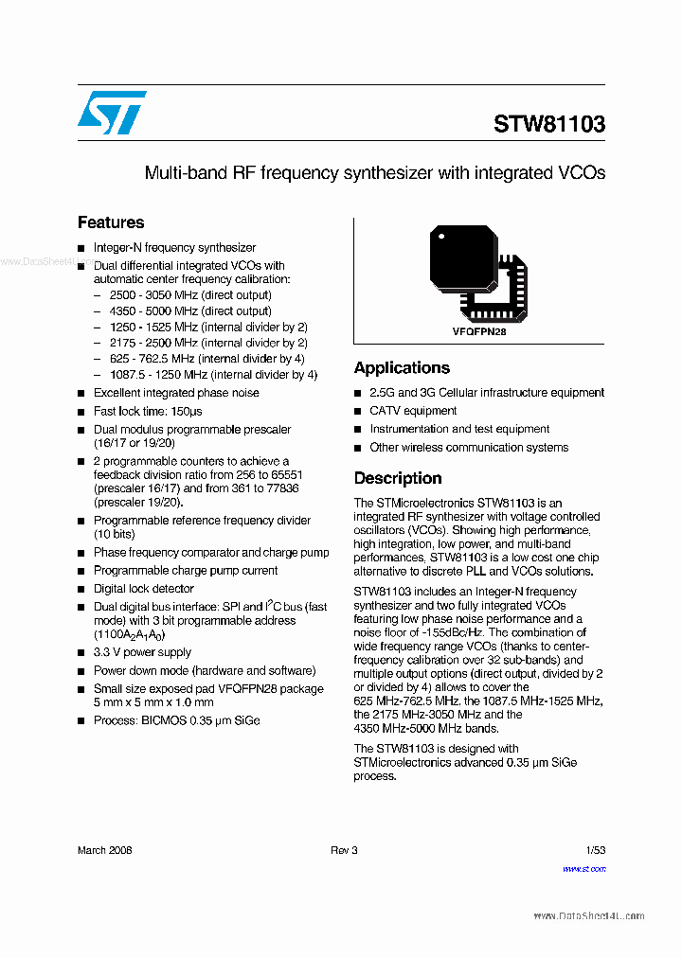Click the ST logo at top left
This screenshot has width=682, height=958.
[112, 113]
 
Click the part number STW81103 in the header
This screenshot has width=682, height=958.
[548, 124]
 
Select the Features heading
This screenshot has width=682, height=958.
[111, 222]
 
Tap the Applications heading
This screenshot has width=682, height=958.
[402, 367]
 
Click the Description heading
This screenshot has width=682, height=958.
[398, 478]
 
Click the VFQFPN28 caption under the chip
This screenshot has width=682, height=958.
[479, 332]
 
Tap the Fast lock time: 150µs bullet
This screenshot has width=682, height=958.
[147, 412]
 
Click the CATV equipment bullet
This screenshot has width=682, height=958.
[413, 411]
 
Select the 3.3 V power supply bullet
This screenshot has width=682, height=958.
[142, 652]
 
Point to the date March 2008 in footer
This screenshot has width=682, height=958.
[104, 850]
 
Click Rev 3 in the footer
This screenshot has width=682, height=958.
[344, 850]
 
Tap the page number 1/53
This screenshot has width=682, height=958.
[595, 850]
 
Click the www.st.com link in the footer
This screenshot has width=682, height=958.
[583, 868]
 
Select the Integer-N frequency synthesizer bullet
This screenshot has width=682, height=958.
[174, 247]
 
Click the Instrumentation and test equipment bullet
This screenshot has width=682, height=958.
[459, 429]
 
